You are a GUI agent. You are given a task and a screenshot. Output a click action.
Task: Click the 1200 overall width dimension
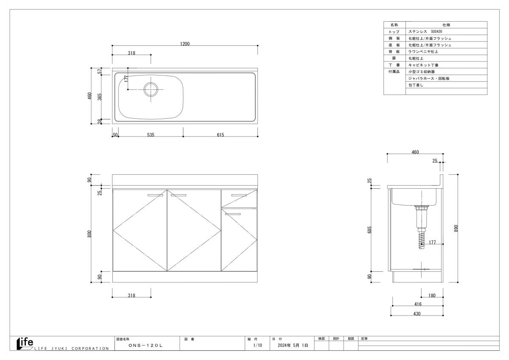coord(185,44)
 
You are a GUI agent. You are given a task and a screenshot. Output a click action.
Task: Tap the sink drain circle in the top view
coord(151,83)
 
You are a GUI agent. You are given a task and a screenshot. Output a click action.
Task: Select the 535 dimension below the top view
coord(151,135)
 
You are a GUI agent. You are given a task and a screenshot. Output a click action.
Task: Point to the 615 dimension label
coord(221,135)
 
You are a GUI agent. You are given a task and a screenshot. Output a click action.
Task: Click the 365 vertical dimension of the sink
coord(100,97)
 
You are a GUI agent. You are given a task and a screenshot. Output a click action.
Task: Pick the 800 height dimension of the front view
coord(89,234)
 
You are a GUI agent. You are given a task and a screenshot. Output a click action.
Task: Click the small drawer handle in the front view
coord(239,195)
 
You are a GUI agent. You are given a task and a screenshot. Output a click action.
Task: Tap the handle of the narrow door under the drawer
coord(233,214)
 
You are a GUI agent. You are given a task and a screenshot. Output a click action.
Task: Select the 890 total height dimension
coord(456,228)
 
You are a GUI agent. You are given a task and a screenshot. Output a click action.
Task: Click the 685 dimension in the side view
coord(369,230)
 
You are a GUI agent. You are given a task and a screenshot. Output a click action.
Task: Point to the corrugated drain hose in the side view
coord(422,238)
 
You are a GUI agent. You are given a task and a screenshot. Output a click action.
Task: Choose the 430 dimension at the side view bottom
coord(417,314)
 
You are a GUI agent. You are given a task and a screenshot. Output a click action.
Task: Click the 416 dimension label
coord(418,304)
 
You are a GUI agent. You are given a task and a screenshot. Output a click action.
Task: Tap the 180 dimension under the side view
coord(432,296)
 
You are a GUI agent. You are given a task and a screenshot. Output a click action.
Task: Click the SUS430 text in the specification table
coord(436,31)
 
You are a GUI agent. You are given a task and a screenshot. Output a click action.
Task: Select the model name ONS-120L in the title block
coord(145,346)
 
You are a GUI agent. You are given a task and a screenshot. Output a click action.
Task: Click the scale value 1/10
coord(258,345)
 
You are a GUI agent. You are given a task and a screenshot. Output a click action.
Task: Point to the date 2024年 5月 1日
coord(293,345)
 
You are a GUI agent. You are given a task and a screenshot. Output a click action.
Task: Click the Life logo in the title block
coord(25,343)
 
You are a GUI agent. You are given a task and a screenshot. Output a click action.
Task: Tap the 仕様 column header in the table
coord(446,25)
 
